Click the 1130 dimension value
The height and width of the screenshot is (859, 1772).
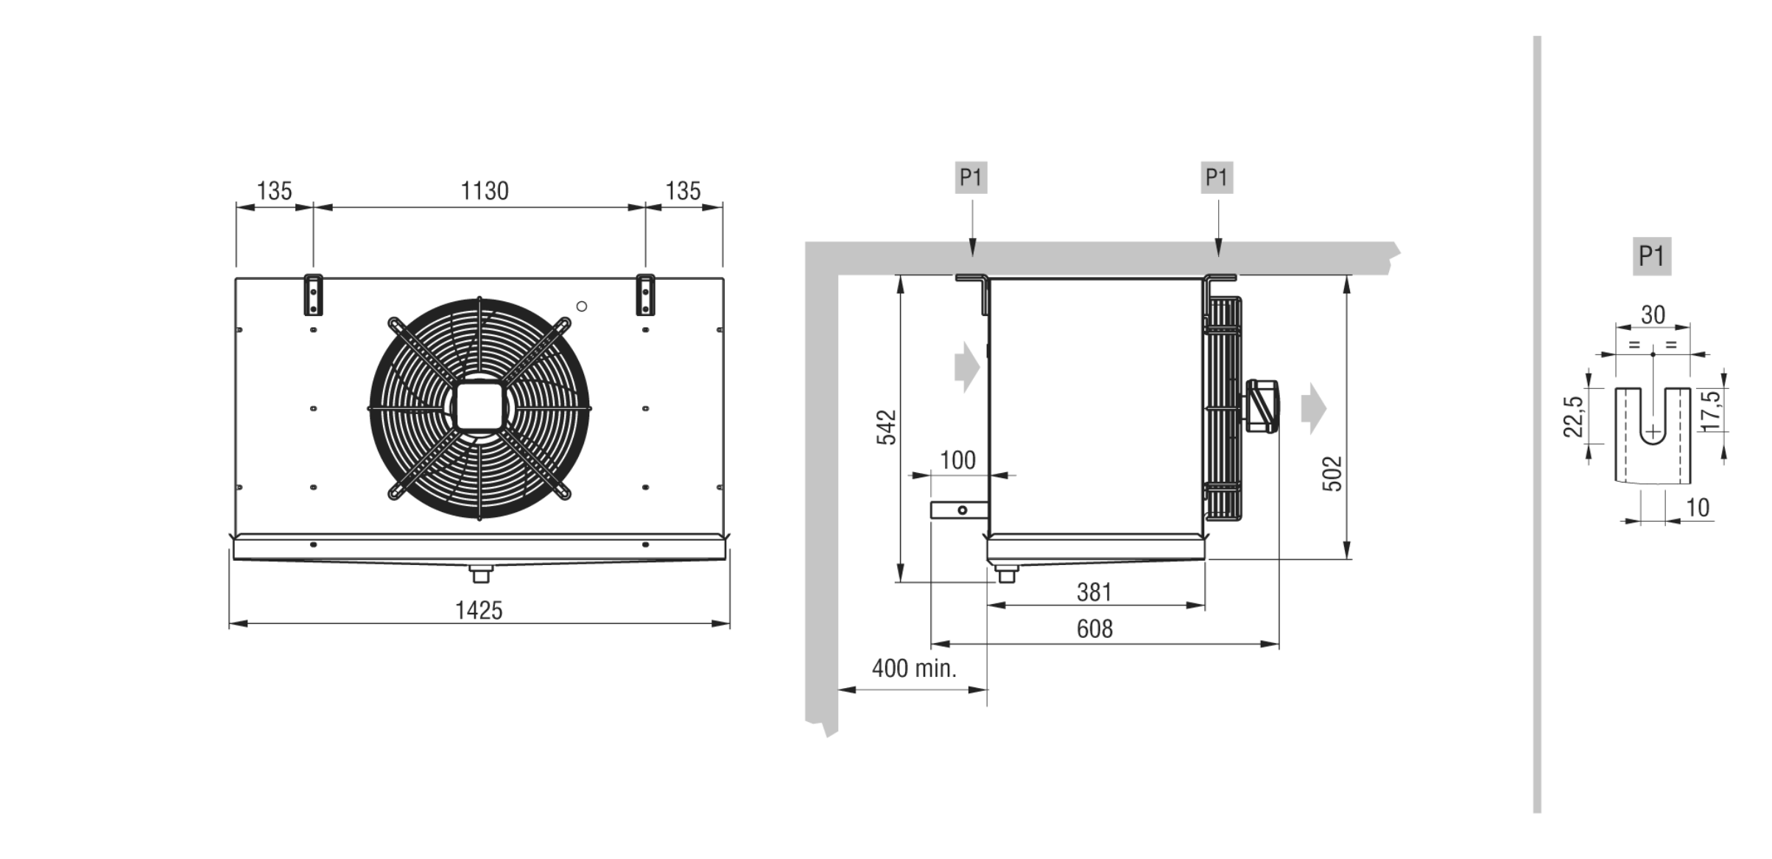coord(484,191)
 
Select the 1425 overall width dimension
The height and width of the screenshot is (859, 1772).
coord(479,610)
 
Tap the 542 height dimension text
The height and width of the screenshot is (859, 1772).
coord(887,427)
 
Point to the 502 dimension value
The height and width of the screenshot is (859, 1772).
coord(1332,474)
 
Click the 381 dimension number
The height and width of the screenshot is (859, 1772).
coord(1094,592)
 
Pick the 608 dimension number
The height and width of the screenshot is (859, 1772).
coord(1094,628)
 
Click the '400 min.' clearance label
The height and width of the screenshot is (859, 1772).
coord(914,668)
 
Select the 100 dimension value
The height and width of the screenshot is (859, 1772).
coord(957,460)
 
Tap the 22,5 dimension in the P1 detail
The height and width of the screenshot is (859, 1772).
coord(1573,416)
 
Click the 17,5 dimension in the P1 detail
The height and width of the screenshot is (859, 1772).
coord(1711,410)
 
